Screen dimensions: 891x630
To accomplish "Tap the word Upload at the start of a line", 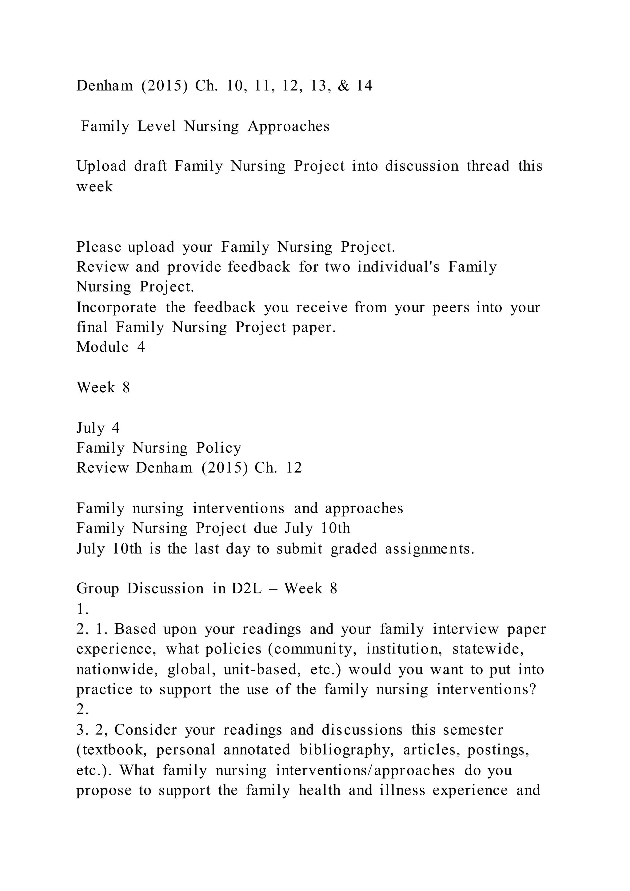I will [101, 166].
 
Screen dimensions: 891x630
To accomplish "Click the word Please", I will [98, 247].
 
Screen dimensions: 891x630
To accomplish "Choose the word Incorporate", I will [116, 308].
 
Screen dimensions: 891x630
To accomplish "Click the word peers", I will [450, 308].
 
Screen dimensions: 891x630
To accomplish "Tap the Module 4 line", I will [110, 347].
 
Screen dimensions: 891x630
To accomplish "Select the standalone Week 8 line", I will [103, 388].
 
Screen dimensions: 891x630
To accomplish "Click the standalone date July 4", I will [98, 428].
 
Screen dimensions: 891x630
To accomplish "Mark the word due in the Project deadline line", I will [265, 529].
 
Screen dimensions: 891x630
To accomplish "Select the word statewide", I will [488, 649].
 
